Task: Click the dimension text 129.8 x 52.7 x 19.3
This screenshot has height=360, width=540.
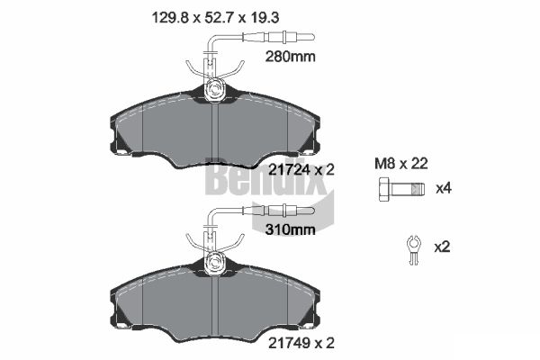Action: (x=216, y=18)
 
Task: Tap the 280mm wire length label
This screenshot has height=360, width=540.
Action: (x=290, y=57)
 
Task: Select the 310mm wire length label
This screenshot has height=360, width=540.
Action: (x=290, y=229)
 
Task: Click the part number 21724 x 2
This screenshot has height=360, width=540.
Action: (x=301, y=170)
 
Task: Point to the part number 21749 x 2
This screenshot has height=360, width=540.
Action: (x=301, y=343)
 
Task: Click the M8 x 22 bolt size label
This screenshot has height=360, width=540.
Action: (x=401, y=164)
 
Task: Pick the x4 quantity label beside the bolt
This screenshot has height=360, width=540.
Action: (x=444, y=188)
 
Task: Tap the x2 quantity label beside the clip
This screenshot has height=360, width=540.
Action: (x=442, y=247)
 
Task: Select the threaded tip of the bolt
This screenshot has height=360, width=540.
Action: (x=418, y=189)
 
